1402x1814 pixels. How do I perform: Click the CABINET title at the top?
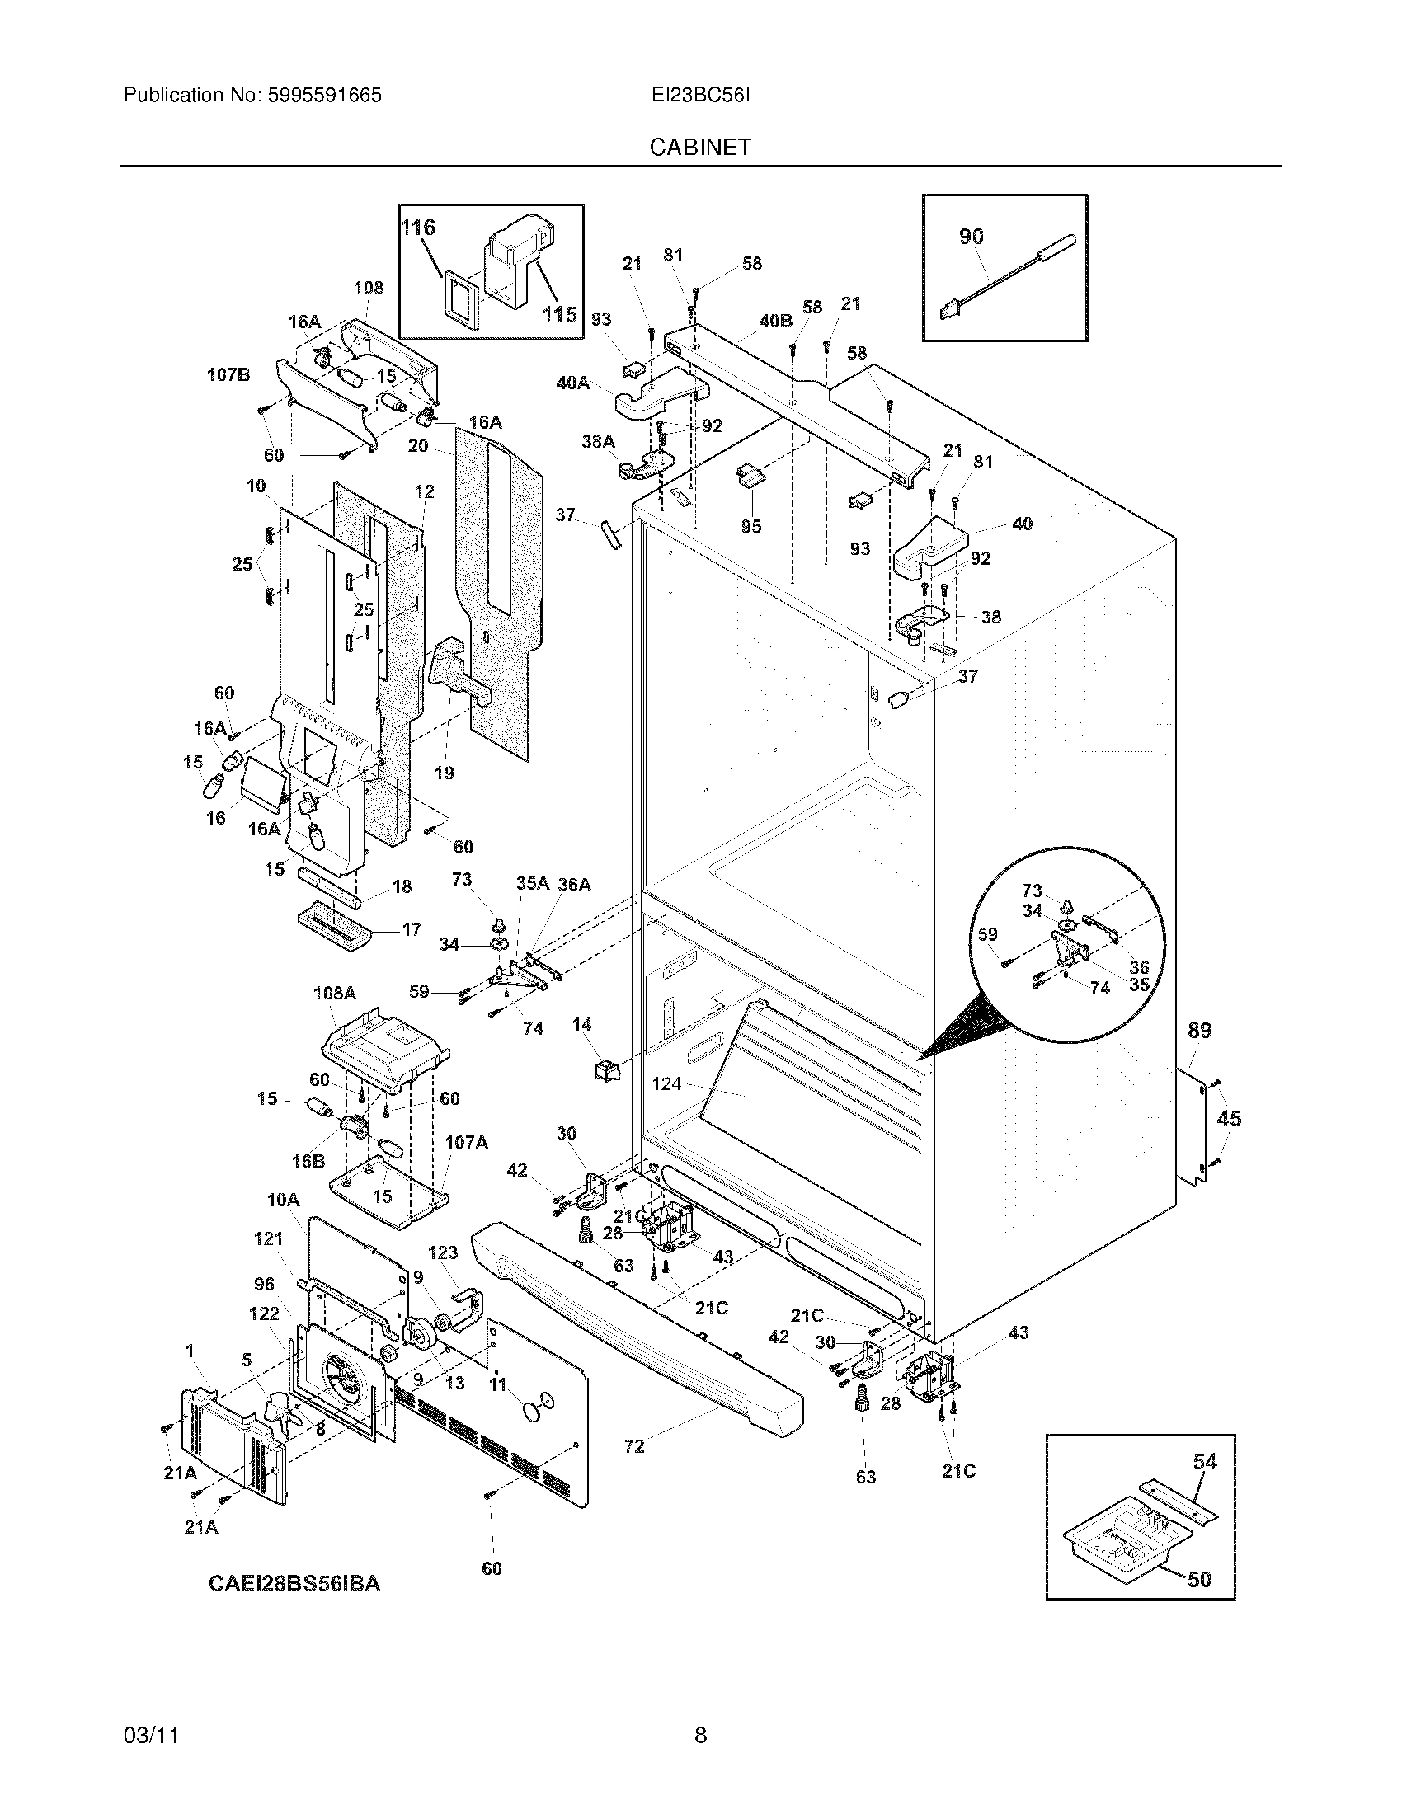[x=699, y=147]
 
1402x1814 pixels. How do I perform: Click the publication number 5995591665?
[x=325, y=96]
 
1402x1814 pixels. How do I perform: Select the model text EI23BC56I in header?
[x=700, y=96]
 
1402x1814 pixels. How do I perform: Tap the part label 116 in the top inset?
[x=418, y=227]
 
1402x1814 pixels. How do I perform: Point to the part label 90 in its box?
[x=971, y=236]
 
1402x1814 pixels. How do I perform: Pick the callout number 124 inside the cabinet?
[x=667, y=1083]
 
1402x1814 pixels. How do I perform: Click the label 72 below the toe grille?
[x=633, y=1446]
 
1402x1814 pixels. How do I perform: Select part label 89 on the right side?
[x=1198, y=1030]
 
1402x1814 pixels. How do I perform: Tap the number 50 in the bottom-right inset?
[x=1198, y=1578]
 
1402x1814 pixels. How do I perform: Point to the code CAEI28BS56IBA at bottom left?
[x=294, y=1583]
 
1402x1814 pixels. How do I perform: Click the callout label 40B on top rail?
[x=775, y=321]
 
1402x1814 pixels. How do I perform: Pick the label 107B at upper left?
[x=228, y=374]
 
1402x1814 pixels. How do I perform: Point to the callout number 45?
[x=1229, y=1118]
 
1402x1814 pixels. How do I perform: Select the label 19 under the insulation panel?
[x=445, y=773]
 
